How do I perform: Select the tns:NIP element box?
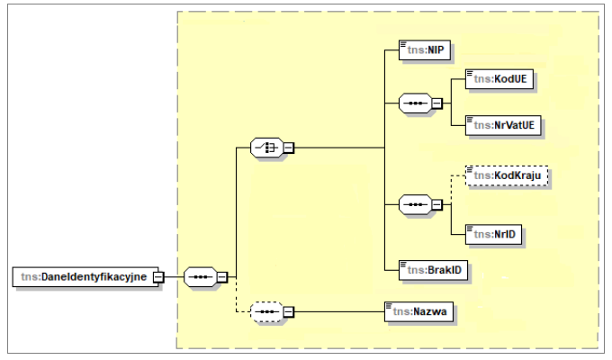(x=424, y=51)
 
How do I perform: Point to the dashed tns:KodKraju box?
(x=507, y=176)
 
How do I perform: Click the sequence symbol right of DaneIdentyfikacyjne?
(x=199, y=276)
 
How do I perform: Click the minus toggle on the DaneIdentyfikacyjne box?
(x=158, y=276)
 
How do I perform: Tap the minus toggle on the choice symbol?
(x=289, y=147)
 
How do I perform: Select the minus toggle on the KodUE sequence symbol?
(x=436, y=103)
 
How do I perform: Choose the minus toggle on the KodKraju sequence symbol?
(x=436, y=205)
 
